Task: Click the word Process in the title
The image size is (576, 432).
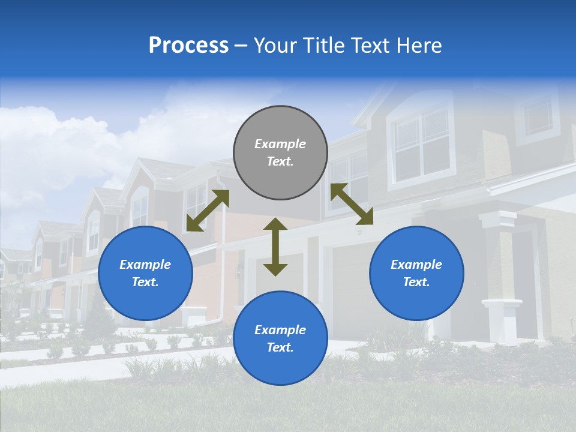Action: pyautogui.click(x=188, y=46)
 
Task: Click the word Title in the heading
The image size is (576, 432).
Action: pyautogui.click(x=323, y=46)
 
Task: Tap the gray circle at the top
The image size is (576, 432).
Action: pyautogui.click(x=280, y=153)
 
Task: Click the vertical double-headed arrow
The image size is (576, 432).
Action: pyautogui.click(x=275, y=247)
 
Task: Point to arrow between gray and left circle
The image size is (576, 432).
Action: pyautogui.click(x=208, y=211)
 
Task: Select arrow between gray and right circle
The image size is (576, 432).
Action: pyautogui.click(x=352, y=204)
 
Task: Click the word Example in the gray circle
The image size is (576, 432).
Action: pyautogui.click(x=280, y=144)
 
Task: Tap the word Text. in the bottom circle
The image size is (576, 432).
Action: pyautogui.click(x=280, y=347)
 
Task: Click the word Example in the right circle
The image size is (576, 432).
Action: pyautogui.click(x=416, y=265)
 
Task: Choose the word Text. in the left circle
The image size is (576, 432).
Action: pyautogui.click(x=145, y=282)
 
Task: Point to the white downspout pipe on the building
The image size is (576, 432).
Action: pyautogui.click(x=222, y=252)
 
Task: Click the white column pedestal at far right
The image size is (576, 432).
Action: pyautogui.click(x=502, y=320)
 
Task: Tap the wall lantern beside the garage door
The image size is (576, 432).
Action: pyautogui.click(x=239, y=271)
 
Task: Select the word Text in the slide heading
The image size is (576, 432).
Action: pyautogui.click(x=370, y=46)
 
